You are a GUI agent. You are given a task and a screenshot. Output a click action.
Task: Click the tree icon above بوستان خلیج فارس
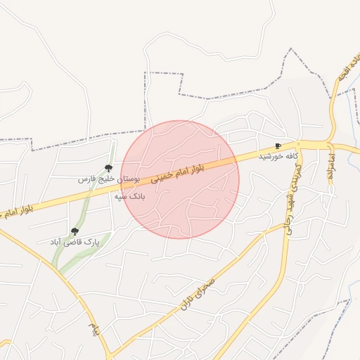pyautogui.click(x=108, y=167)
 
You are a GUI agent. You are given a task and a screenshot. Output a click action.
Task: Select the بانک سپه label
pyautogui.click(x=129, y=197)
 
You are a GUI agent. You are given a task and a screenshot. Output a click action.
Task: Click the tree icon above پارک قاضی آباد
pyautogui.click(x=75, y=231)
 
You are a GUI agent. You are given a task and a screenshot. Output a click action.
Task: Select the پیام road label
pyautogui.click(x=94, y=328)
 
